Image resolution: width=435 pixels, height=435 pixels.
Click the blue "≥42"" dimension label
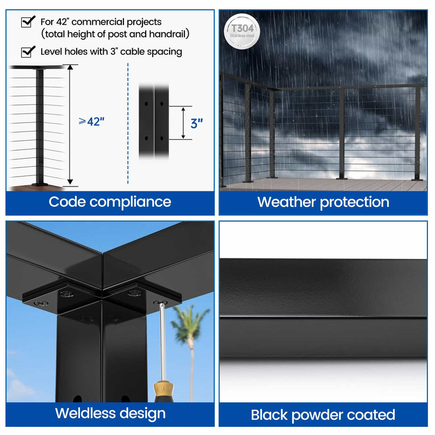click(x=91, y=122)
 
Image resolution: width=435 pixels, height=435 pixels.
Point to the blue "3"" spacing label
click(x=196, y=123)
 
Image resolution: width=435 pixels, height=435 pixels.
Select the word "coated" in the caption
click(x=371, y=415)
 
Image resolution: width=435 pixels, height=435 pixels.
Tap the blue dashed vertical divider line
click(x=128, y=125)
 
